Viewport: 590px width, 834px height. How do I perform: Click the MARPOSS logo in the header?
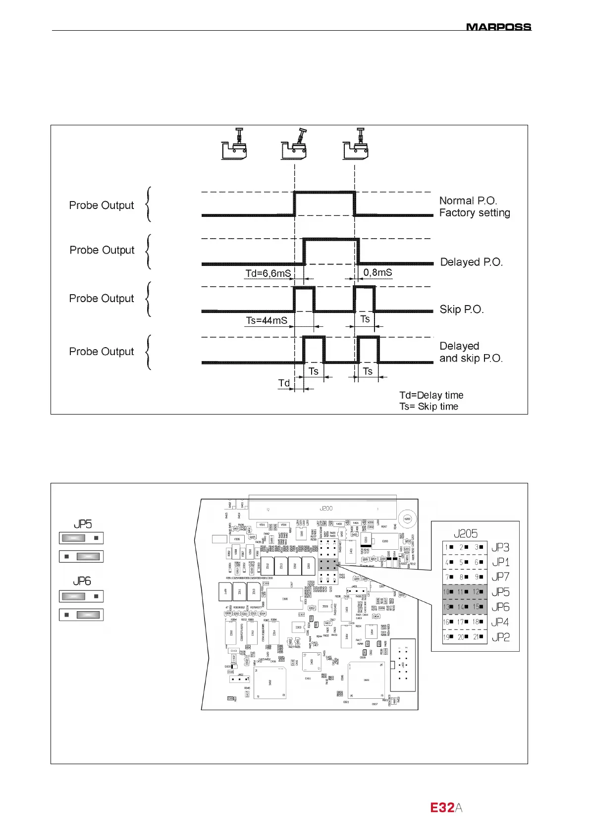[498, 27]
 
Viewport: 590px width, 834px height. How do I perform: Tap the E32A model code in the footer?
[446, 808]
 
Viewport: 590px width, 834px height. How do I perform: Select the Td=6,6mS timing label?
[268, 274]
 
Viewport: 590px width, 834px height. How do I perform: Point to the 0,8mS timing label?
[377, 272]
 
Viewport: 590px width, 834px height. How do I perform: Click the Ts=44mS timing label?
[267, 320]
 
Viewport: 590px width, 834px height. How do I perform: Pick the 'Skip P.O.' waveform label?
[461, 310]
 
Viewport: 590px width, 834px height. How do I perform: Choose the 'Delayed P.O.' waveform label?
[471, 262]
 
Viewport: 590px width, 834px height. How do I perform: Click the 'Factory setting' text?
[475, 213]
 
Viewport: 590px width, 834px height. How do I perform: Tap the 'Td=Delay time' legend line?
[431, 395]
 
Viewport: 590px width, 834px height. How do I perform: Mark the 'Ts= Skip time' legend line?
[429, 407]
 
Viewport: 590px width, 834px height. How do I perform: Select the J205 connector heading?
[466, 533]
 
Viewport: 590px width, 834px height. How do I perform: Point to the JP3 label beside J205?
[500, 547]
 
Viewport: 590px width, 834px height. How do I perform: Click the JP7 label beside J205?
[500, 577]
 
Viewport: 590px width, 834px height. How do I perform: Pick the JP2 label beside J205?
[500, 637]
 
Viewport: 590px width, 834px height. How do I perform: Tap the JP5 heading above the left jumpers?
[83, 524]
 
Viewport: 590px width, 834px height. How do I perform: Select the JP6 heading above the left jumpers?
[83, 581]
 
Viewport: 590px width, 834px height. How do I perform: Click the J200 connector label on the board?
[326, 509]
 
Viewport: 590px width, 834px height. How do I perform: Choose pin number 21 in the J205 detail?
[475, 637]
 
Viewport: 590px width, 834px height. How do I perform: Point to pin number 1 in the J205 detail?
[446, 547]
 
